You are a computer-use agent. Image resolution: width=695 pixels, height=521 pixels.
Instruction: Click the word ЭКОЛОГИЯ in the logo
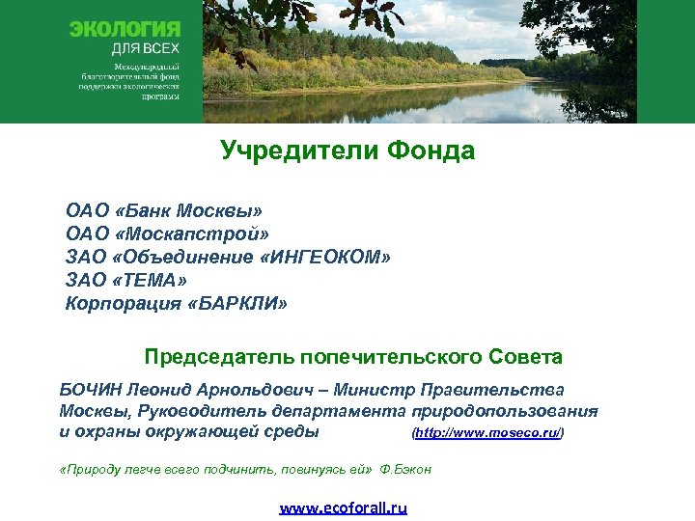125,30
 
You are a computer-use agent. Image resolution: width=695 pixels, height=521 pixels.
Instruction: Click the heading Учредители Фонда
347,151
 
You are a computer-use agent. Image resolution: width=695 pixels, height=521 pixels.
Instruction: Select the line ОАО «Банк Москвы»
164,210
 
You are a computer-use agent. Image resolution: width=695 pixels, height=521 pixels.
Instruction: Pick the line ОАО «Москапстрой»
168,233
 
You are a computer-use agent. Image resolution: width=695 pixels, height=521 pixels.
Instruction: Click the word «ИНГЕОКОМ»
329,257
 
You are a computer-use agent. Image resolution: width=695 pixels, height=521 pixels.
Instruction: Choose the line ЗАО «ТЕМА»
126,280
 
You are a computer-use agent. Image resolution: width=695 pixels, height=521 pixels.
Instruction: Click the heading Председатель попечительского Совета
353,357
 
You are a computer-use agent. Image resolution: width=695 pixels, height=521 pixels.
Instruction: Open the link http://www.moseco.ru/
487,433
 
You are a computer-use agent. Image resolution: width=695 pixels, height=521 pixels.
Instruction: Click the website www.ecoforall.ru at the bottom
344,507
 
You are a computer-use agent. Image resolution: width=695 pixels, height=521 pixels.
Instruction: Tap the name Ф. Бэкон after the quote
405,470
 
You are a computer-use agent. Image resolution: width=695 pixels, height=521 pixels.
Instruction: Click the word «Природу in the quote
92,470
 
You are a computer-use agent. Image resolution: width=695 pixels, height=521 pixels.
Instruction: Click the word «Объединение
185,257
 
